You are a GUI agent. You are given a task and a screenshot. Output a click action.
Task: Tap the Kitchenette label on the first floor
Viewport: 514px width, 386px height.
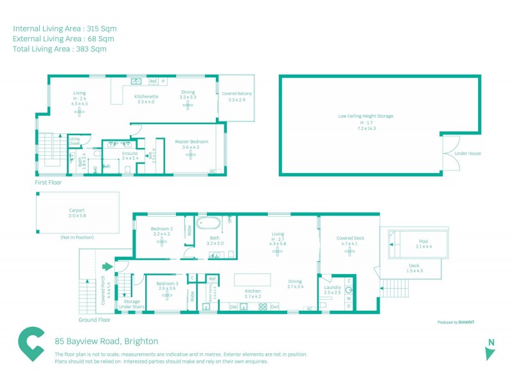coord(146,96)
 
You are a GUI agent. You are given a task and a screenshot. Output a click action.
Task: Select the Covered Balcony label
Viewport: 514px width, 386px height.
coord(236,94)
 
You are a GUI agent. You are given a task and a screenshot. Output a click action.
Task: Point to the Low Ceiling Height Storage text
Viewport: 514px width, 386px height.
coord(366,116)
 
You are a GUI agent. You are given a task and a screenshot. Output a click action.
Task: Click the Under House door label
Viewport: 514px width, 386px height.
coord(467,154)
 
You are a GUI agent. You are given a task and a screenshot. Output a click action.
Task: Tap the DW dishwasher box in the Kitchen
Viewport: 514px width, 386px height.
coord(233,306)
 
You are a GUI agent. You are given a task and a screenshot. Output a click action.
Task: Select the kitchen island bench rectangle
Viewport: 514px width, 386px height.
coord(252,280)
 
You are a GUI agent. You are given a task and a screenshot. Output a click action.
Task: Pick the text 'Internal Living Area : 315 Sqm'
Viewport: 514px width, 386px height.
coord(64,28)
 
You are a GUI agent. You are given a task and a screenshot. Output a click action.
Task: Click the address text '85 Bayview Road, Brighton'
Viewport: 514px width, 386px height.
coord(106,341)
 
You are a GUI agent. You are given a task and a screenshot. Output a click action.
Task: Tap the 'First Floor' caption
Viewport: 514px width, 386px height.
coord(49,183)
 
